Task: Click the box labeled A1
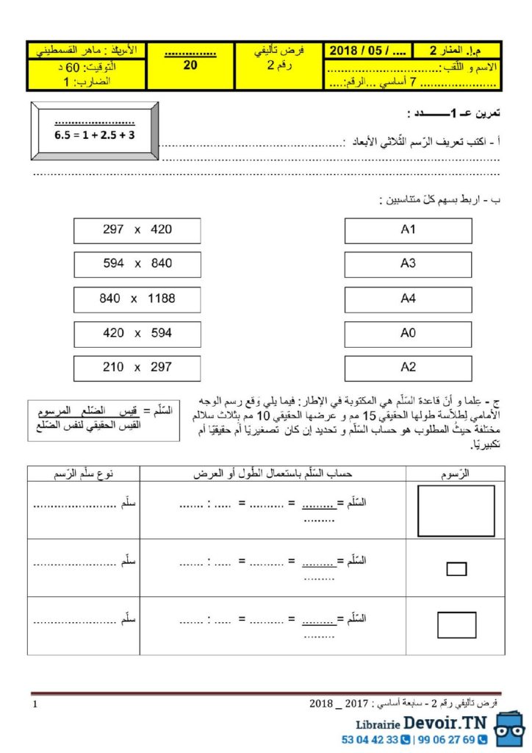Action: tap(409, 230)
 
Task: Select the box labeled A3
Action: tap(409, 265)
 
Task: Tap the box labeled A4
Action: tap(409, 299)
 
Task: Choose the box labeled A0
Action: tap(409, 334)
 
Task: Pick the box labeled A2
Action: tap(409, 368)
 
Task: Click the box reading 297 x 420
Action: tap(137, 230)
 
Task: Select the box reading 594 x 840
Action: tap(137, 265)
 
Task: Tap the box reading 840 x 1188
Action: tap(137, 299)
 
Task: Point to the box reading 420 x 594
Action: tap(137, 334)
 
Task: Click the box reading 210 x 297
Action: tap(137, 368)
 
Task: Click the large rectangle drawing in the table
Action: tap(456, 510)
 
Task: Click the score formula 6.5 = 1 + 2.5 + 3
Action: tap(95, 135)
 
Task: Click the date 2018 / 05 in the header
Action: tap(362, 50)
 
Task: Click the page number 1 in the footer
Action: tap(35, 704)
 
